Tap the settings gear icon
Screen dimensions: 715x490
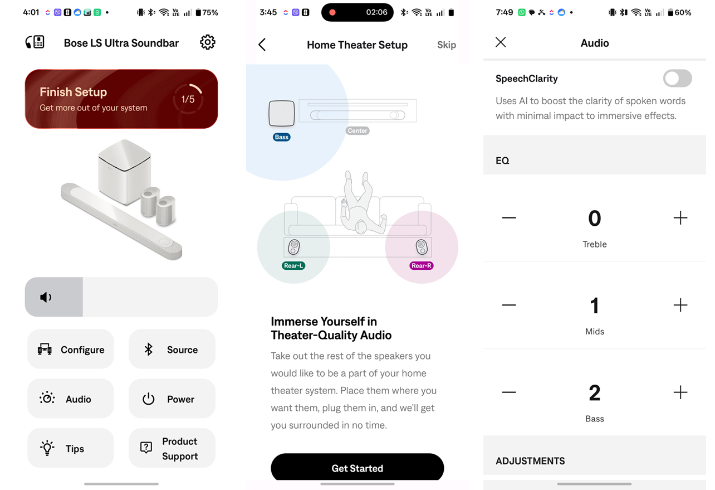pyautogui.click(x=208, y=42)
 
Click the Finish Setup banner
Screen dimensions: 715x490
pyautogui.click(x=121, y=99)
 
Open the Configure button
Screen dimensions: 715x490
pyautogui.click(x=71, y=349)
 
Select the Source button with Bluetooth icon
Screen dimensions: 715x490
pyautogui.click(x=172, y=349)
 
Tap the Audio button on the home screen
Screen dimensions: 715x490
pyautogui.click(x=71, y=399)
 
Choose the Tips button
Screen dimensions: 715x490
pyautogui.click(x=71, y=448)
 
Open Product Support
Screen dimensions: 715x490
pyautogui.click(x=172, y=448)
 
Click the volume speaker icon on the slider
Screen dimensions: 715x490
pyautogui.click(x=46, y=297)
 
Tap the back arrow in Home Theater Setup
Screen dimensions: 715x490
pyautogui.click(x=262, y=45)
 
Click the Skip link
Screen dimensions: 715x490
pyautogui.click(x=446, y=45)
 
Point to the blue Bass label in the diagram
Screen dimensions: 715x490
pyautogui.click(x=282, y=137)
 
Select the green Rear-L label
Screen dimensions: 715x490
pyautogui.click(x=293, y=265)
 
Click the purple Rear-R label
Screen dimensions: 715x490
pyautogui.click(x=422, y=265)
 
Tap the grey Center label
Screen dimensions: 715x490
pyautogui.click(x=357, y=131)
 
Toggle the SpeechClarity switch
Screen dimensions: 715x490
pyautogui.click(x=677, y=78)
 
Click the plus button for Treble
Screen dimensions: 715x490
pyautogui.click(x=680, y=218)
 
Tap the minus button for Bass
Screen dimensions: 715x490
pyautogui.click(x=509, y=392)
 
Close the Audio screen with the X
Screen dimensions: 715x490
pyautogui.click(x=501, y=42)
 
